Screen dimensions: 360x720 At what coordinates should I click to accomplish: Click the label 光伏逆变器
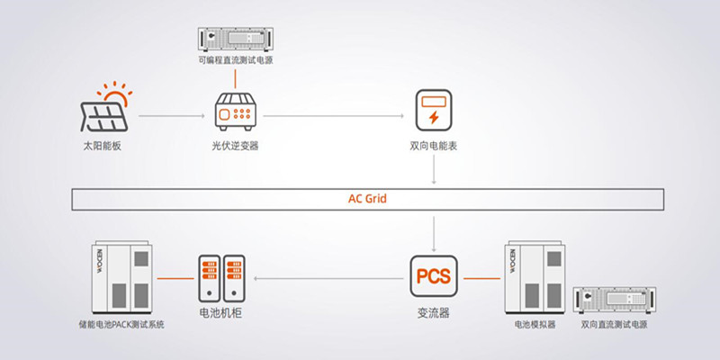pos(236,146)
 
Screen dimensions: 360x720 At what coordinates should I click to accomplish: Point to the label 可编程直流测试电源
pos(236,60)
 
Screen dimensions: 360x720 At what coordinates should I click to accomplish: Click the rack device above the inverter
pos(236,39)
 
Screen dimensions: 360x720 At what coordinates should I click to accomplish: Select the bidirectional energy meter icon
pos(434,109)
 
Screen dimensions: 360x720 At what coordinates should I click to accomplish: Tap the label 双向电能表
pos(434,146)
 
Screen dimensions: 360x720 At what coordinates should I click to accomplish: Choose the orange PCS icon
pos(434,276)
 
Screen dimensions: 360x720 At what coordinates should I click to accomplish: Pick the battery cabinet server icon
pos(222,276)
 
